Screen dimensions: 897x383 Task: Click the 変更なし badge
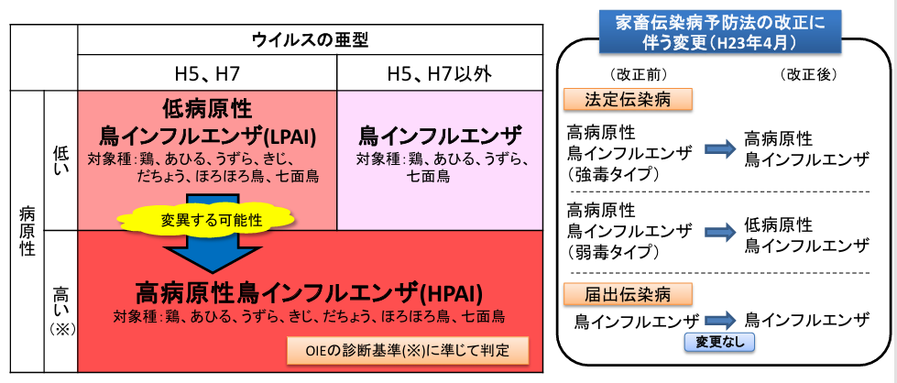click(x=720, y=342)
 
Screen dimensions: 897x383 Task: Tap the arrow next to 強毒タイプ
click(x=719, y=148)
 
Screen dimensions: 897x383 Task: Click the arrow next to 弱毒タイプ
click(x=719, y=233)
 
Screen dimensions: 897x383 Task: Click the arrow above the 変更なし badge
click(x=720, y=320)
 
